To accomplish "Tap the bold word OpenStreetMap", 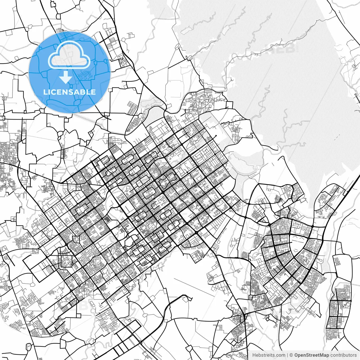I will (x=312, y=355).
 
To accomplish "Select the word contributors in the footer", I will (x=343, y=355).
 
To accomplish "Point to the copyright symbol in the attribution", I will (x=291, y=355).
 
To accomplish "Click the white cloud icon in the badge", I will (x=69, y=55).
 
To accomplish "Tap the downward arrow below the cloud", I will (x=66, y=77).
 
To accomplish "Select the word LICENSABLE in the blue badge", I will (x=69, y=92).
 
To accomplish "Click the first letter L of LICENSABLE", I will (x=46, y=92).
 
